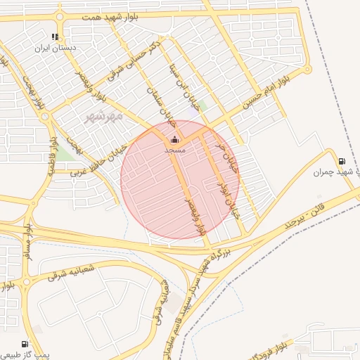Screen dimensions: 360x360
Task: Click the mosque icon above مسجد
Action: pos(174,140)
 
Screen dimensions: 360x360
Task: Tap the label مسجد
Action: pos(174,150)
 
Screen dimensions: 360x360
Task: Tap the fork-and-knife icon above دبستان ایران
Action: pos(55,37)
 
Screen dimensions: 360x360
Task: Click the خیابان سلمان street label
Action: pos(160,104)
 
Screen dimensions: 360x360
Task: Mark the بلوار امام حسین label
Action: pos(266,92)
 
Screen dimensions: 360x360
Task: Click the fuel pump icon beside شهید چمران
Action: pos(342,161)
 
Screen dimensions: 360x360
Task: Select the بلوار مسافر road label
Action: pos(28,243)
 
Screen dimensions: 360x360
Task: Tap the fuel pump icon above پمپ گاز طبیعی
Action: pos(25,344)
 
